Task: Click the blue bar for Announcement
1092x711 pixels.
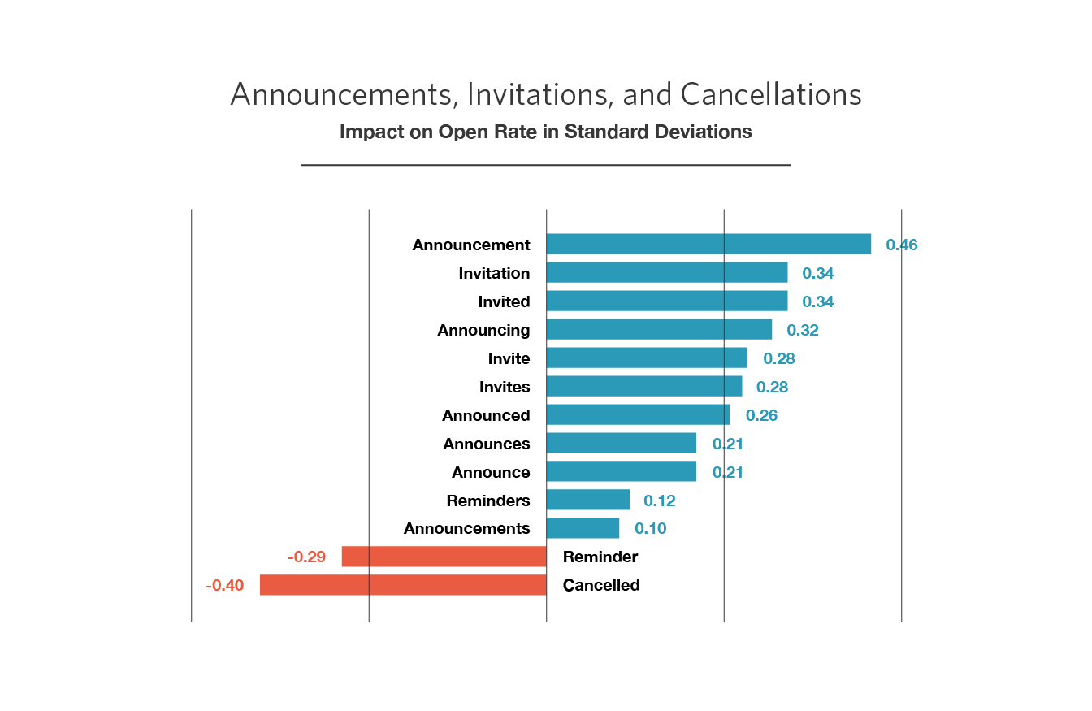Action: point(708,245)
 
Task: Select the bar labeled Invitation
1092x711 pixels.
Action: point(667,273)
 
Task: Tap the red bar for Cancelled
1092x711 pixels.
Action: point(403,585)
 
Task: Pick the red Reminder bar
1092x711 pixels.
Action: point(444,557)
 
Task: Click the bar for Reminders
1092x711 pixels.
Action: point(588,500)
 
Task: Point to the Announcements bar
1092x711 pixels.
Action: point(583,528)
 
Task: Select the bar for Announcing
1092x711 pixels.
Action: point(660,330)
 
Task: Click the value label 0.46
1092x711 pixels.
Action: point(902,245)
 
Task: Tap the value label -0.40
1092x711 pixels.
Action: point(225,585)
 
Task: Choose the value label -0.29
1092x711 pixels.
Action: point(306,557)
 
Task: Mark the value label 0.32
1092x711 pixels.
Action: point(803,330)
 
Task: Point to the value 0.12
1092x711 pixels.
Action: point(659,500)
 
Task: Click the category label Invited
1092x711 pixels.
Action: point(504,301)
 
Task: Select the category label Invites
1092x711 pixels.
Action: point(505,387)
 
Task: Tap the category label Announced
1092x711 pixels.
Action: point(486,415)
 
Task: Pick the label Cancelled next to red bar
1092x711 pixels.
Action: point(601,585)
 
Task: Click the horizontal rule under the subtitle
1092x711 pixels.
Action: point(545,165)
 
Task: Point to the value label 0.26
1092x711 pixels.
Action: point(761,415)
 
